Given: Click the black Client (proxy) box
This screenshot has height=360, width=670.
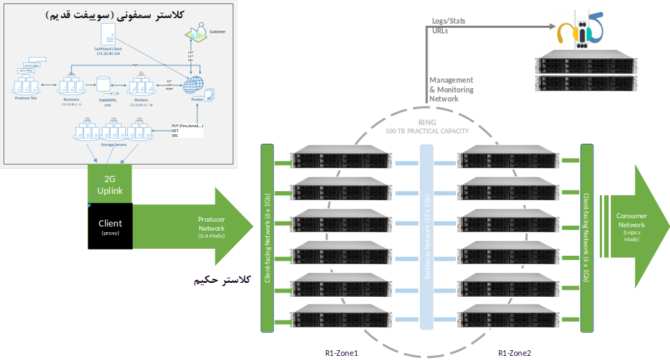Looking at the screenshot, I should pyautogui.click(x=110, y=226).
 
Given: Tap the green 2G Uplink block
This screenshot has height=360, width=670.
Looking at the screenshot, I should pyautogui.click(x=110, y=184).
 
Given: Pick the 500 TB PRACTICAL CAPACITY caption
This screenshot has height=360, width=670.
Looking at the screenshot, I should pyautogui.click(x=427, y=131).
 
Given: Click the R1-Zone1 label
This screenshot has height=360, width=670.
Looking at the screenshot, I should pyautogui.click(x=341, y=353).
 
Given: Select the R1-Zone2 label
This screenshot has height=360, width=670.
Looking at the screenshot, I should pyautogui.click(x=515, y=353).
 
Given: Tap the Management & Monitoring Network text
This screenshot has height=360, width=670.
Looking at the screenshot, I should pyautogui.click(x=452, y=90).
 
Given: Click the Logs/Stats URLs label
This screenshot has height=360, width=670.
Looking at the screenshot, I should pyautogui.click(x=449, y=26).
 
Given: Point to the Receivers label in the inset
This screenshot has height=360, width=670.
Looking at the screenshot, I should pyautogui.click(x=70, y=100).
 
